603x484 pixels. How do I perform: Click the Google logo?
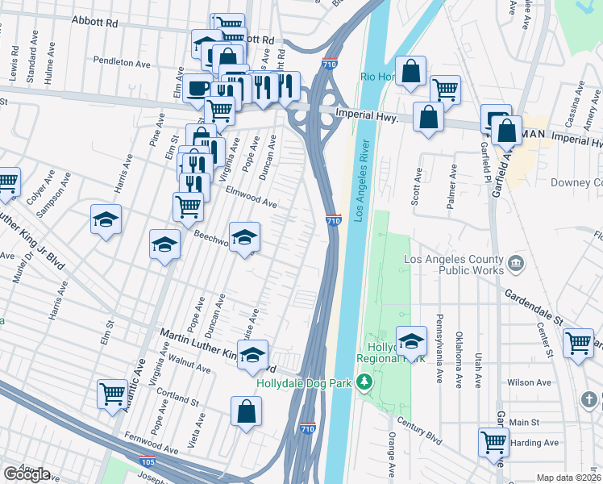(27, 474)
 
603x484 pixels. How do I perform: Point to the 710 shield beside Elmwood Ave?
(334, 219)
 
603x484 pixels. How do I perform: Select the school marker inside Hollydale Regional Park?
(411, 341)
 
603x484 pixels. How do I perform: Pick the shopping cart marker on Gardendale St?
(578, 344)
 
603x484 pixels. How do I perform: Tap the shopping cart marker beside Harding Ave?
(493, 441)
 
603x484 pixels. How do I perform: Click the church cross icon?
(590, 399)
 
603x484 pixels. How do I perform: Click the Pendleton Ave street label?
(122, 62)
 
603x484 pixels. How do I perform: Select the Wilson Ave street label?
(529, 382)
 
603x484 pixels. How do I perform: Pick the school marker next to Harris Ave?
(106, 220)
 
